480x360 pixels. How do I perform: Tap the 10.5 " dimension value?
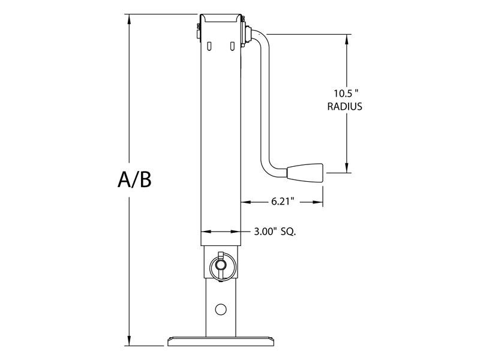[x=347, y=94]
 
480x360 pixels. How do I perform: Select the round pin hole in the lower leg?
[x=220, y=309]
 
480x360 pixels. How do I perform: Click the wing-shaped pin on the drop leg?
[x=220, y=264]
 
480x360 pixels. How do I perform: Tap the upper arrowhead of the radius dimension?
[x=347, y=38]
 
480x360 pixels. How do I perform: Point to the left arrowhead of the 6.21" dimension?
[x=245, y=202]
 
